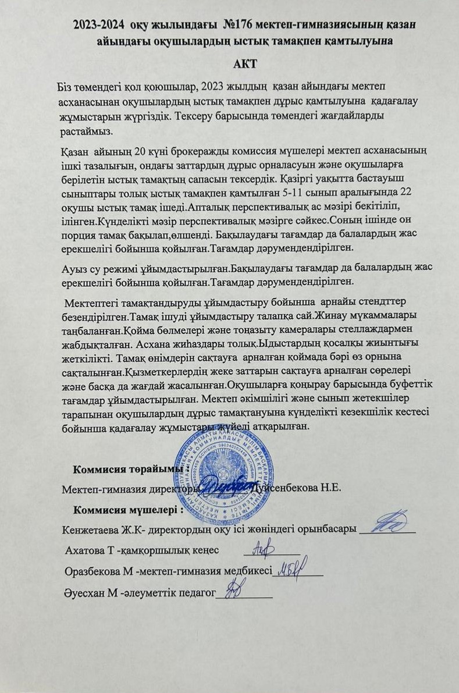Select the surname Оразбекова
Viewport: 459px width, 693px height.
pos(93,571)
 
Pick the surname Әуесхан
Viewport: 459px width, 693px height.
pos(84,593)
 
